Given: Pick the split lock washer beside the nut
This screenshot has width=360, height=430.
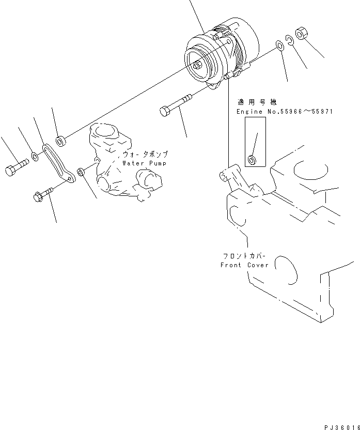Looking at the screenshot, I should pos(290,40).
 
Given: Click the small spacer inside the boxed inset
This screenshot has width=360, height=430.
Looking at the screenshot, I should pos(252,159).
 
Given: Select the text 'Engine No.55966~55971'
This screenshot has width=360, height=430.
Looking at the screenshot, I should pos(277,112).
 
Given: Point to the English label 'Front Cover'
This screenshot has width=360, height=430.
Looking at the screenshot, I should pos(244,265).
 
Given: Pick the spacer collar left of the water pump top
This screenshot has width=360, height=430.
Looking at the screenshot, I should pos(61,140).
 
